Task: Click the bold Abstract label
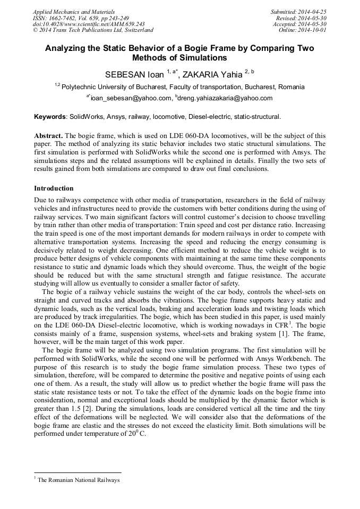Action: (49, 135)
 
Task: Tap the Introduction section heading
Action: (54, 188)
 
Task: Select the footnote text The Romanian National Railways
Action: (79, 480)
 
